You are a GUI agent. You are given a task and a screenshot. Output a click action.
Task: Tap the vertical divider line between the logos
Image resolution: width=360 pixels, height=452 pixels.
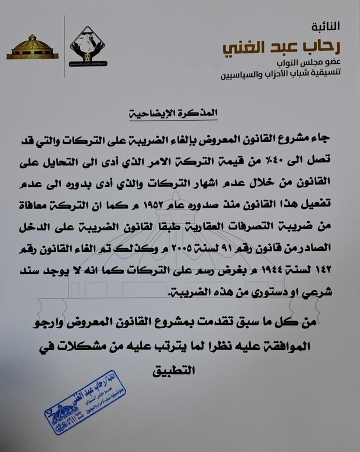(x=65, y=46)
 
